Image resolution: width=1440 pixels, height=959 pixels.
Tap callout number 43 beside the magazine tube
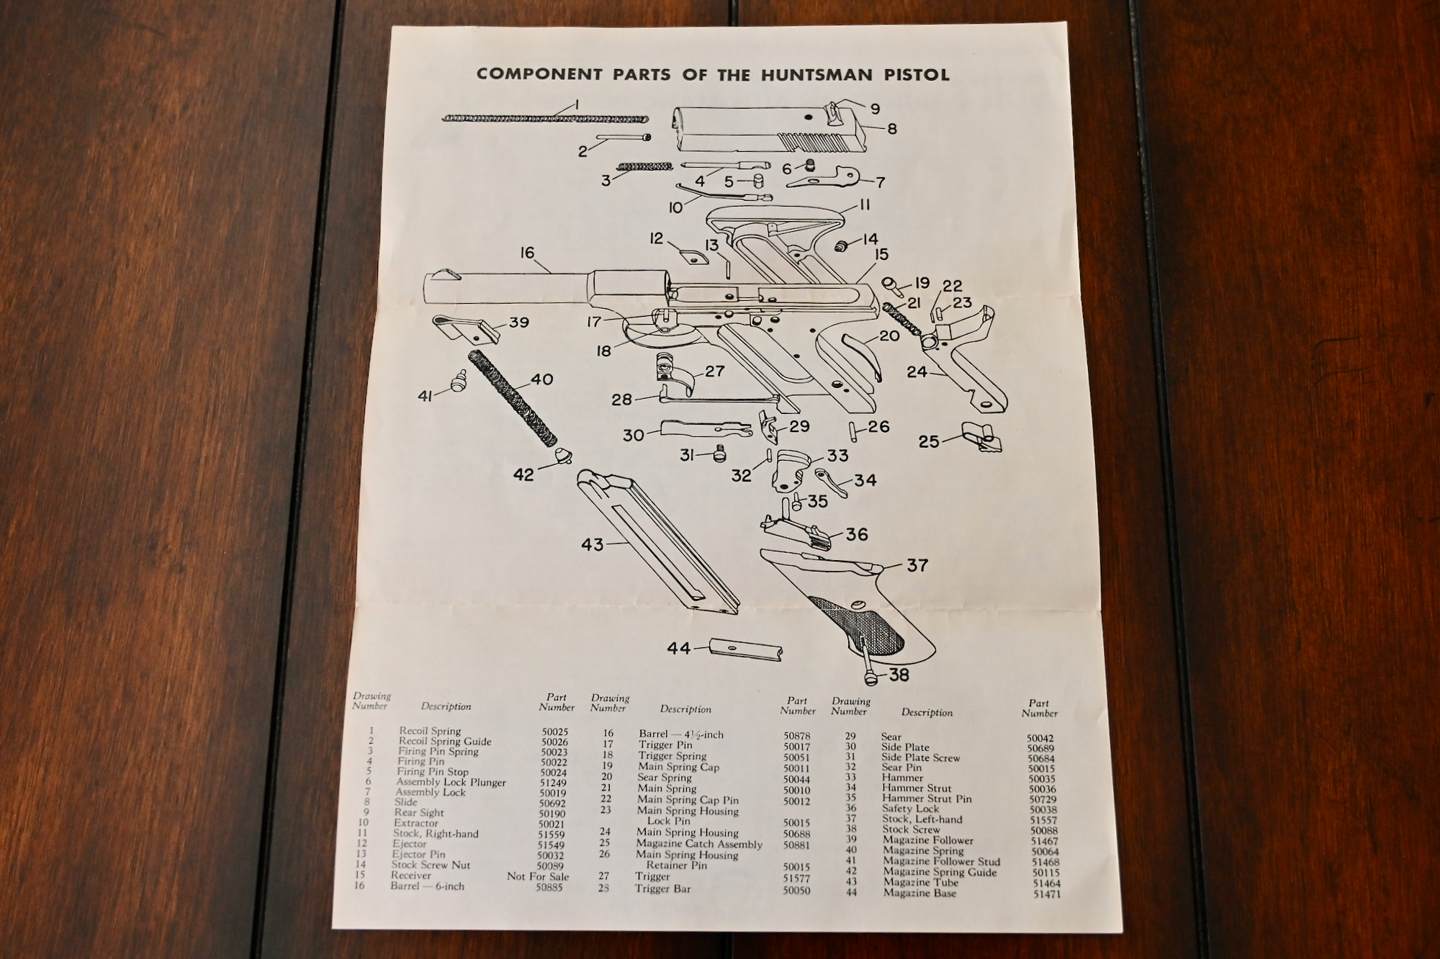click(x=593, y=545)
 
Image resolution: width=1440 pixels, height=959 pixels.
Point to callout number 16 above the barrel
click(x=527, y=253)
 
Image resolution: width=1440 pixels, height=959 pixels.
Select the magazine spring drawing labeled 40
click(x=512, y=397)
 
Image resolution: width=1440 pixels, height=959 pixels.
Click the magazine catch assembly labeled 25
click(x=981, y=438)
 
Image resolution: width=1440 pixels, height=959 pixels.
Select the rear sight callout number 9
click(x=875, y=109)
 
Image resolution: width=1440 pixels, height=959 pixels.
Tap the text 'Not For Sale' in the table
click(x=538, y=876)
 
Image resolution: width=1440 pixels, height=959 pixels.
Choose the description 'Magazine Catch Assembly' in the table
click(x=698, y=844)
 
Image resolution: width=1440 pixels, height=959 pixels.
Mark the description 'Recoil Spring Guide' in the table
click(x=445, y=741)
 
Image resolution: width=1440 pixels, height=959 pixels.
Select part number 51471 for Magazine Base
click(x=1045, y=893)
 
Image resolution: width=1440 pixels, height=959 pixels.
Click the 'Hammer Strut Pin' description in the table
click(x=927, y=798)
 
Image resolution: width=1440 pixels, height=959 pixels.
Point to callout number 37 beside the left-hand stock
click(x=917, y=566)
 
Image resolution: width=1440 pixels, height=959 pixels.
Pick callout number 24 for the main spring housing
click(x=917, y=372)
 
